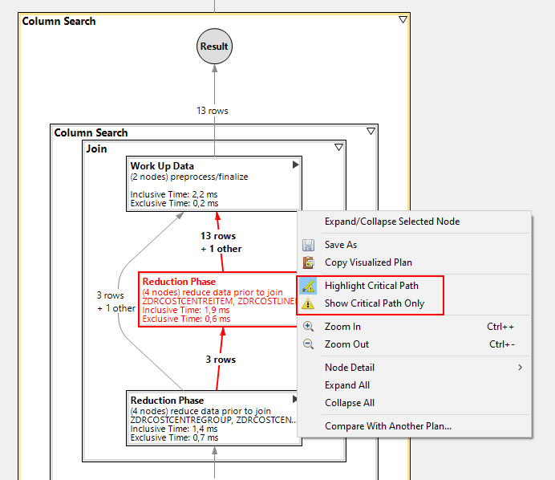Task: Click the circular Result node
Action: point(214,47)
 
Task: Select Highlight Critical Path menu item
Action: point(371,286)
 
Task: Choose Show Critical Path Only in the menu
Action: point(374,303)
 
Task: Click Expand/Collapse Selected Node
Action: point(391,222)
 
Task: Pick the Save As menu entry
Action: point(341,245)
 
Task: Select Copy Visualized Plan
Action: point(368,262)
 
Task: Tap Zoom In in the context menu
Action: point(342,327)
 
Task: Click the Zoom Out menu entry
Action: point(346,344)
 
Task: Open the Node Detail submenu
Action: point(350,368)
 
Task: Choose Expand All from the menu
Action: point(346,385)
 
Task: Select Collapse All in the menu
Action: point(349,403)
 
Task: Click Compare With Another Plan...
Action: point(387,426)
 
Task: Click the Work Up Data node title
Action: point(162,166)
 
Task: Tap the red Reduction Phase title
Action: point(179,282)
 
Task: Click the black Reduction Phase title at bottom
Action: point(167,400)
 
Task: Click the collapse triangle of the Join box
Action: point(338,148)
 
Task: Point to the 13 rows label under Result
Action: point(213,111)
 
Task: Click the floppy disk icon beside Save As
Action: point(308,245)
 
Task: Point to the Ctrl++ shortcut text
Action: point(500,327)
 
